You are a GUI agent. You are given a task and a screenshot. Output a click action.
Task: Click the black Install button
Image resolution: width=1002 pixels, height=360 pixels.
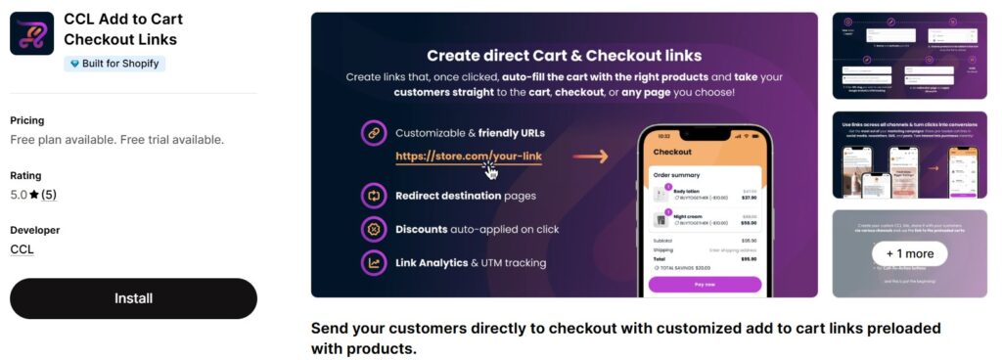[x=133, y=298]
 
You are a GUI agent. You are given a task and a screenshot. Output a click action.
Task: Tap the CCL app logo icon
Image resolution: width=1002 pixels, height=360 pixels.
[x=31, y=33]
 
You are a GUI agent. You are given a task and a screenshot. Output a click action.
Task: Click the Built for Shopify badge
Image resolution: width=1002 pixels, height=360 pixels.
[x=114, y=64]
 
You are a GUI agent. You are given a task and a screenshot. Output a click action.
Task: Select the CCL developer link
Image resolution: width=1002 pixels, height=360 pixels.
[x=22, y=249]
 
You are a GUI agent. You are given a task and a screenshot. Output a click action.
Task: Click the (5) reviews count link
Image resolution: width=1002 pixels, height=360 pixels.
[x=49, y=195]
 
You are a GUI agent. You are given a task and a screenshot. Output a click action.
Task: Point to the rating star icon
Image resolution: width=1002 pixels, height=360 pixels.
[x=34, y=195]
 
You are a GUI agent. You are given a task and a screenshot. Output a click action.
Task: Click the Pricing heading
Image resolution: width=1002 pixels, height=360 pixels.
[x=27, y=120]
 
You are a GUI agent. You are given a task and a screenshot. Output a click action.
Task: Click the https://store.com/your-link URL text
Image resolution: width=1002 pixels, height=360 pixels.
[x=469, y=156]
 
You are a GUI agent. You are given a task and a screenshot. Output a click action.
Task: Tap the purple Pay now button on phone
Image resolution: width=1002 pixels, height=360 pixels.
[x=705, y=284]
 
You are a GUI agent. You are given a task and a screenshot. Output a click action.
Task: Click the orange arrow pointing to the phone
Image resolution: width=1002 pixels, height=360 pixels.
[x=590, y=157]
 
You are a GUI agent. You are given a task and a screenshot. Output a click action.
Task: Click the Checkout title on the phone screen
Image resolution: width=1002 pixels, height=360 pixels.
[x=672, y=152]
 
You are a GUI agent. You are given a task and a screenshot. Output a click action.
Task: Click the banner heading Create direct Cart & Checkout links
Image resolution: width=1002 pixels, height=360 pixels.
[x=565, y=56]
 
